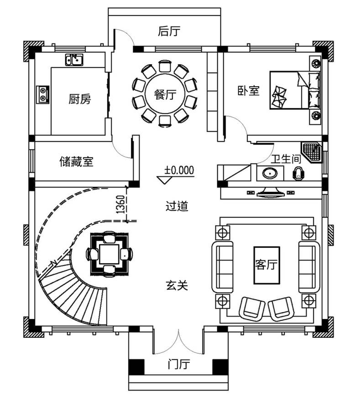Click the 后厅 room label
pyautogui.click(x=169, y=31)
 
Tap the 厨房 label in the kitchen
pyautogui.click(x=79, y=99)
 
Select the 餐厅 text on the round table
pyautogui.click(x=165, y=95)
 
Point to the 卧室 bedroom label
pyautogui.click(x=249, y=91)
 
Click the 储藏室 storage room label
pyautogui.click(x=76, y=161)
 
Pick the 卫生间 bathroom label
pyautogui.click(x=286, y=159)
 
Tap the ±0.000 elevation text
pyautogui.click(x=179, y=170)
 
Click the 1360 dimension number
pyautogui.click(x=120, y=204)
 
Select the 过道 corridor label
pyautogui.click(x=177, y=206)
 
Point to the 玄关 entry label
pyautogui.click(x=177, y=285)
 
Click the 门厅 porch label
pyautogui.click(x=178, y=365)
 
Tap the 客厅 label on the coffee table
pyautogui.click(x=266, y=265)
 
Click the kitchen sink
pyautogui.click(x=74, y=60)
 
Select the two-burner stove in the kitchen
pyautogui.click(x=42, y=94)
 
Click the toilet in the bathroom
pyautogui.click(x=298, y=174)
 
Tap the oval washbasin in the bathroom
pyautogui.click(x=270, y=174)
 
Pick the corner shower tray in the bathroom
pyautogui.click(x=311, y=152)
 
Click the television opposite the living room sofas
pyautogui.click(x=270, y=192)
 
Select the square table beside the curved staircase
pyautogui.click(x=109, y=254)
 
